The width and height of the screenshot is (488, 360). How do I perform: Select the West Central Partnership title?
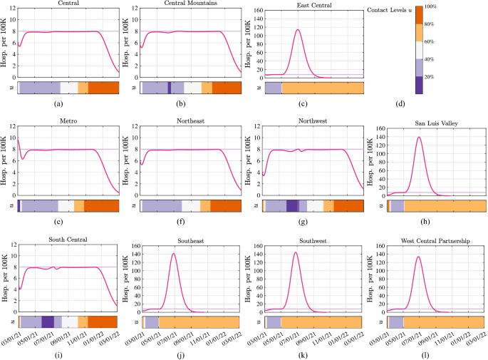click(x=435, y=240)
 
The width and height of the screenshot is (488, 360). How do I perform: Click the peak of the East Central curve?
click(x=297, y=30)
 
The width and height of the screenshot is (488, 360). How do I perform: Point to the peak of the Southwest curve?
click(x=295, y=252)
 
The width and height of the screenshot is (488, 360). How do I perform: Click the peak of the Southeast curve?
click(x=173, y=253)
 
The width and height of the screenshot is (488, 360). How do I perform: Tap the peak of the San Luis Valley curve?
click(x=419, y=137)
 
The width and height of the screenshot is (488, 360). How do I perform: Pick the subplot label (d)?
click(x=400, y=105)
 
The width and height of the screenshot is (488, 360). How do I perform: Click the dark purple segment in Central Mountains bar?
click(x=169, y=87)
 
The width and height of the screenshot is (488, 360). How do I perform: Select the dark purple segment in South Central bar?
click(x=48, y=322)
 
